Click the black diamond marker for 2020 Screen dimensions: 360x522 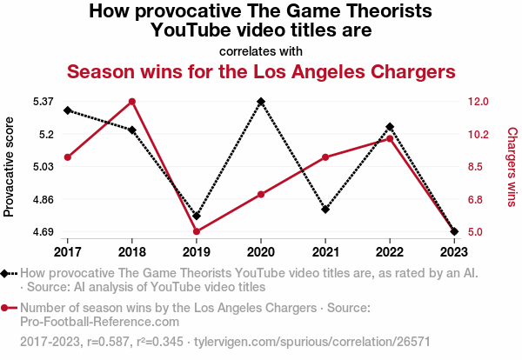pyautogui.click(x=261, y=102)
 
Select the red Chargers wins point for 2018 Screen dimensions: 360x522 pyautogui.click(x=132, y=102)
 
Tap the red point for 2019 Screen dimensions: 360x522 pyautogui.click(x=197, y=231)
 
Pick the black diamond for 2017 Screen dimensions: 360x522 pyautogui.click(x=68, y=110)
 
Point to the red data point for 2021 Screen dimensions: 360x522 pyautogui.click(x=325, y=157)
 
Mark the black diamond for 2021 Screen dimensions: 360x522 pyautogui.click(x=325, y=210)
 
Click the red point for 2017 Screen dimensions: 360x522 pyautogui.click(x=68, y=157)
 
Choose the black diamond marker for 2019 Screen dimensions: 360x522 pyautogui.click(x=197, y=216)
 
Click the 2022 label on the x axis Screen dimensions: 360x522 pyautogui.click(x=390, y=252)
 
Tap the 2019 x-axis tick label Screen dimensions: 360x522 pyautogui.click(x=197, y=252)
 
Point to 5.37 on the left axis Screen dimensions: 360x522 pyautogui.click(x=44, y=102)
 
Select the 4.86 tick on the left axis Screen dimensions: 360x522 pyautogui.click(x=44, y=199)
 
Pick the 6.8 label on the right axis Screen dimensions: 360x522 pyautogui.click(x=478, y=199)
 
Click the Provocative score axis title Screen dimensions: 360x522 pyautogui.click(x=10, y=166)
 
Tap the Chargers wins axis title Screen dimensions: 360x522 pyautogui.click(x=512, y=166)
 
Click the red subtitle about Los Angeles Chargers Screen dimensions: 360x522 pyautogui.click(x=261, y=70)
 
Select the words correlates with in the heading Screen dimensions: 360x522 pyautogui.click(x=261, y=50)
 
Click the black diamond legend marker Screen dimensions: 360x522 pyautogui.click(x=7, y=273)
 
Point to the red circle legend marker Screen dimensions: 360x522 pyautogui.click(x=7, y=308)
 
